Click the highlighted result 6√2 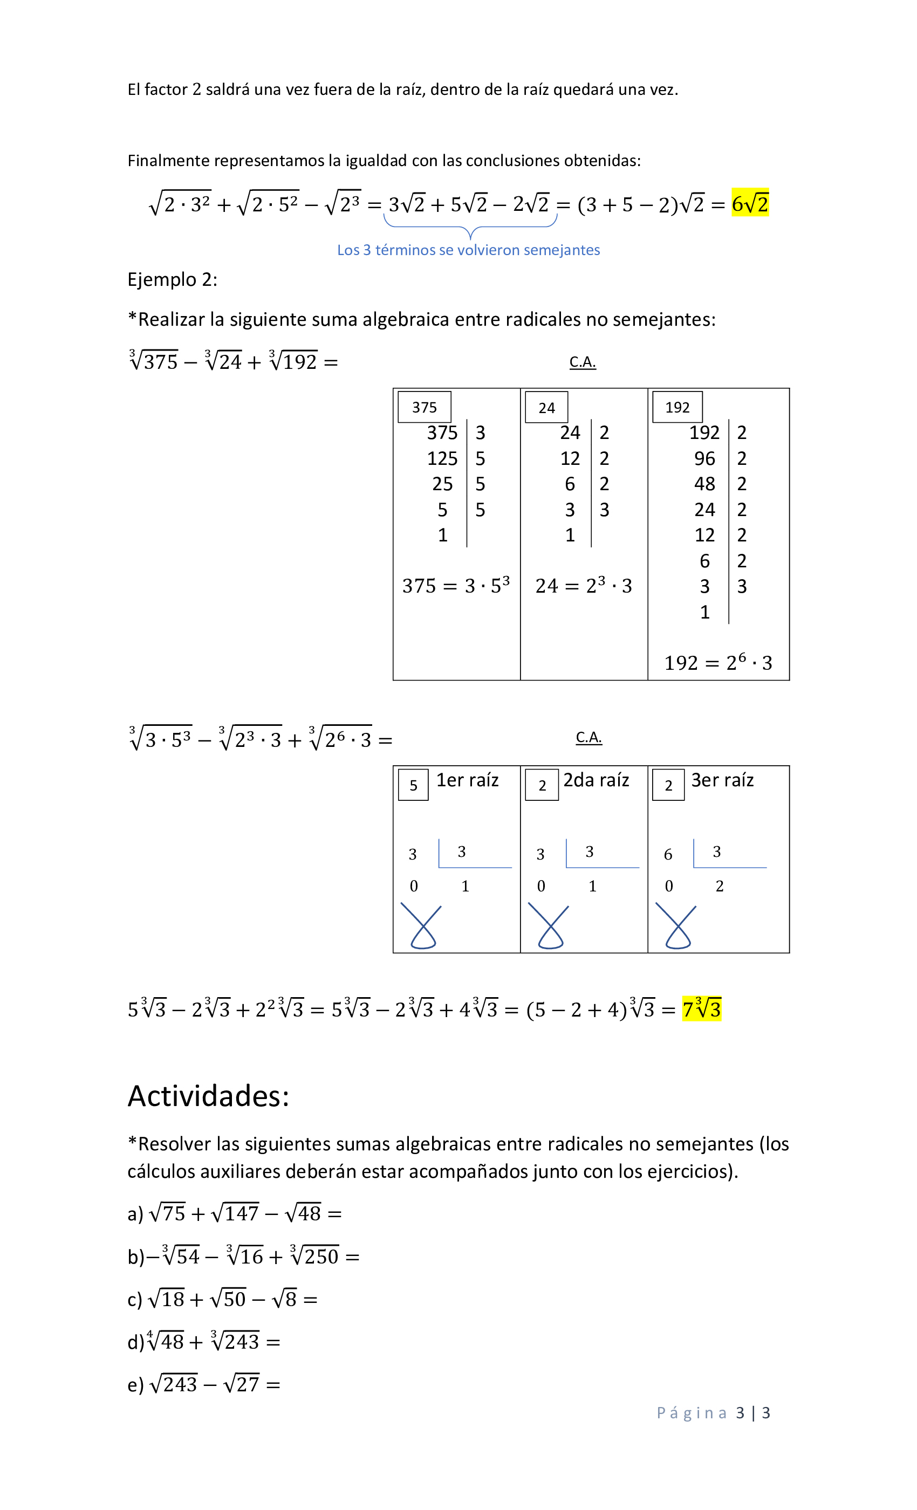coord(749,203)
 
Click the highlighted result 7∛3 coord(701,1008)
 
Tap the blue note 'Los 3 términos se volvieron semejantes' coord(468,250)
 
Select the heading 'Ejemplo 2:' coord(172,279)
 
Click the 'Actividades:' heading coord(208,1096)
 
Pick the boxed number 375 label coord(424,408)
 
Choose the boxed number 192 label coord(677,408)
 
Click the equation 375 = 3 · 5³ coord(455,586)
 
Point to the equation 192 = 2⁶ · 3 coord(718,662)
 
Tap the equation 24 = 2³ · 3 coord(583,586)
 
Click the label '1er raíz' coord(467,780)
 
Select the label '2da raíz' coord(596,780)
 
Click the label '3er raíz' coord(722,780)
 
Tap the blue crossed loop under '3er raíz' coord(677,926)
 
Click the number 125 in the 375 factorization coord(442,458)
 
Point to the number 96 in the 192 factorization coord(704,458)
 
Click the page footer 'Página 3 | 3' coord(713,1412)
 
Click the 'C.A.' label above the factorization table coord(583,362)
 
